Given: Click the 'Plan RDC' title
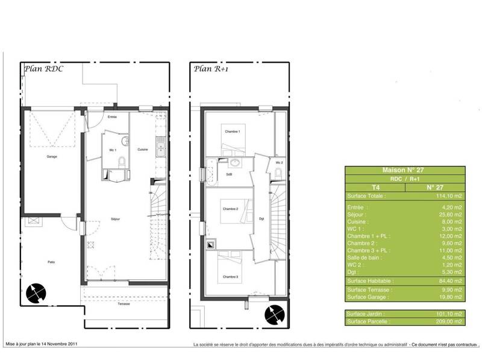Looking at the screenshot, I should point(44,69).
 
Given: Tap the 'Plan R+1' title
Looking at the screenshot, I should point(211,69).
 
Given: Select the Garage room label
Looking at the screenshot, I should point(52,157).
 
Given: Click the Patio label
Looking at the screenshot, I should point(52,262).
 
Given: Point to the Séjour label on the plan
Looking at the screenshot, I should point(114,218).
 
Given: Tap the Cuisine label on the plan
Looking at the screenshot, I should point(143,149).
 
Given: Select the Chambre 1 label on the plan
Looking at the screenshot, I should point(233,132).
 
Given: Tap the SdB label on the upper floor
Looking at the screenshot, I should point(230,174).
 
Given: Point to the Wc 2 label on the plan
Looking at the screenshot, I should point(279,163).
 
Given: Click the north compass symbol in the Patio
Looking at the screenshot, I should point(36,293).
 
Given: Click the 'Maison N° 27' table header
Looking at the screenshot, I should point(404,171).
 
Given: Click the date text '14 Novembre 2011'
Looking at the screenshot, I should point(58,344).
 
